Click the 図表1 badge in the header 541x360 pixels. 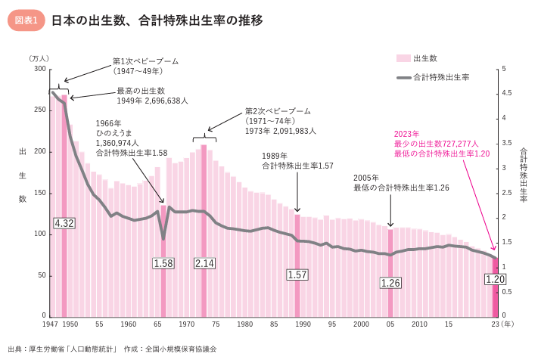click(26, 20)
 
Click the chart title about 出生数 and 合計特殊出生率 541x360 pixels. click(157, 20)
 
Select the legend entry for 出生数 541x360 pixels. click(416, 58)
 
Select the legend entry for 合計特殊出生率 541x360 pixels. click(432, 77)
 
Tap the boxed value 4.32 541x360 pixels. click(64, 223)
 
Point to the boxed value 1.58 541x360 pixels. click(163, 263)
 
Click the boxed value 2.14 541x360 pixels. click(204, 263)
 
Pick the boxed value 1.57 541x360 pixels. click(297, 275)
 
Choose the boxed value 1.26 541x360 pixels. click(390, 283)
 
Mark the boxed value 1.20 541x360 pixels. click(495, 280)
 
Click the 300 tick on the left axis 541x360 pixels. click(39, 69)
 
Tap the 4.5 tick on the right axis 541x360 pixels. click(507, 94)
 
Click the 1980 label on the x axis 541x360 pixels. click(244, 324)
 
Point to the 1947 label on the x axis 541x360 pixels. click(51, 324)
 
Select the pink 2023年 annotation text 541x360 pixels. click(442, 144)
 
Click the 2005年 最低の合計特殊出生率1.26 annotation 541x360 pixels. click(401, 182)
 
